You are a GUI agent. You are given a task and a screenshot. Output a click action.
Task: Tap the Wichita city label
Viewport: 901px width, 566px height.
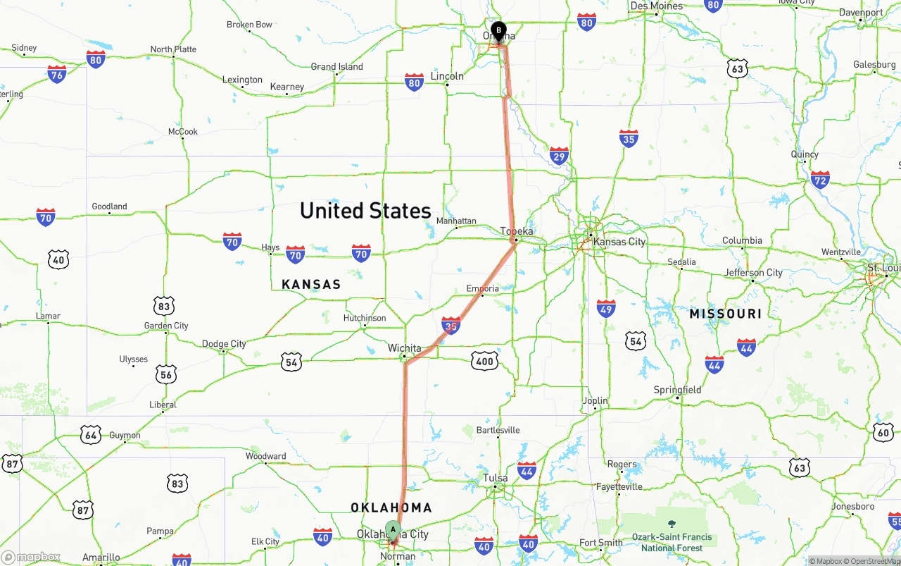[x=404, y=348]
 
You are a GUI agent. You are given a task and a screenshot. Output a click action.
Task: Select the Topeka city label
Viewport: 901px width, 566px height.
[x=517, y=231]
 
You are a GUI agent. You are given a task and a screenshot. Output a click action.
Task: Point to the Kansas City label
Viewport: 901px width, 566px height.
[x=619, y=242]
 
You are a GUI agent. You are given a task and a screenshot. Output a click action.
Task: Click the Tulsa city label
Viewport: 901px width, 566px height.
[x=495, y=479]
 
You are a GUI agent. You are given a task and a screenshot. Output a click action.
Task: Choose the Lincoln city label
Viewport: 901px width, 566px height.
[x=447, y=76]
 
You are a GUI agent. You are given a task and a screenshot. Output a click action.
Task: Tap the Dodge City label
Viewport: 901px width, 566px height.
[x=224, y=344]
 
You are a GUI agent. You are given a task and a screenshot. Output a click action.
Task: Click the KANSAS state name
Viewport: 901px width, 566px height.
[x=311, y=285]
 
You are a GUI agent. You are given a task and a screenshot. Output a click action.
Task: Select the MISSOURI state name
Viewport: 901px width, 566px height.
[x=725, y=314]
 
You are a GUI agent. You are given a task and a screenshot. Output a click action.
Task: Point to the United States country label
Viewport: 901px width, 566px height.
[x=365, y=211]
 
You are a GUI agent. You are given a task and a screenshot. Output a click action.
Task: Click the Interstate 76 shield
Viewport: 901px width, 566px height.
[x=57, y=74]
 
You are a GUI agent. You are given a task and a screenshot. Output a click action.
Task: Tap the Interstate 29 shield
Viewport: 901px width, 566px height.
[x=559, y=156]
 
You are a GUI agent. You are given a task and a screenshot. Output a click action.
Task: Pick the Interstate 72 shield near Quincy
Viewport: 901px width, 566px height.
[x=820, y=179]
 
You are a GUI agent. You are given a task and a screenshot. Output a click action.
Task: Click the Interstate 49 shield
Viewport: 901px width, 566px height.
[x=606, y=308]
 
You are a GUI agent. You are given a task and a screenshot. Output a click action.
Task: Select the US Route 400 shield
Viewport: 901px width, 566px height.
[x=484, y=362]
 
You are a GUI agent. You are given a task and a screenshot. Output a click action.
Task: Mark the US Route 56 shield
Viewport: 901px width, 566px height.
[x=166, y=374]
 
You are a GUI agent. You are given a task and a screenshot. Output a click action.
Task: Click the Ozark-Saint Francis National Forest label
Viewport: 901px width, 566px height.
[x=672, y=542]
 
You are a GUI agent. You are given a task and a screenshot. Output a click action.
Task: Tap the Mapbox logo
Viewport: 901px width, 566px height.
[x=31, y=557]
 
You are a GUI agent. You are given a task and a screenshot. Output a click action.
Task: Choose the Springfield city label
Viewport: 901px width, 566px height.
[x=677, y=390]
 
